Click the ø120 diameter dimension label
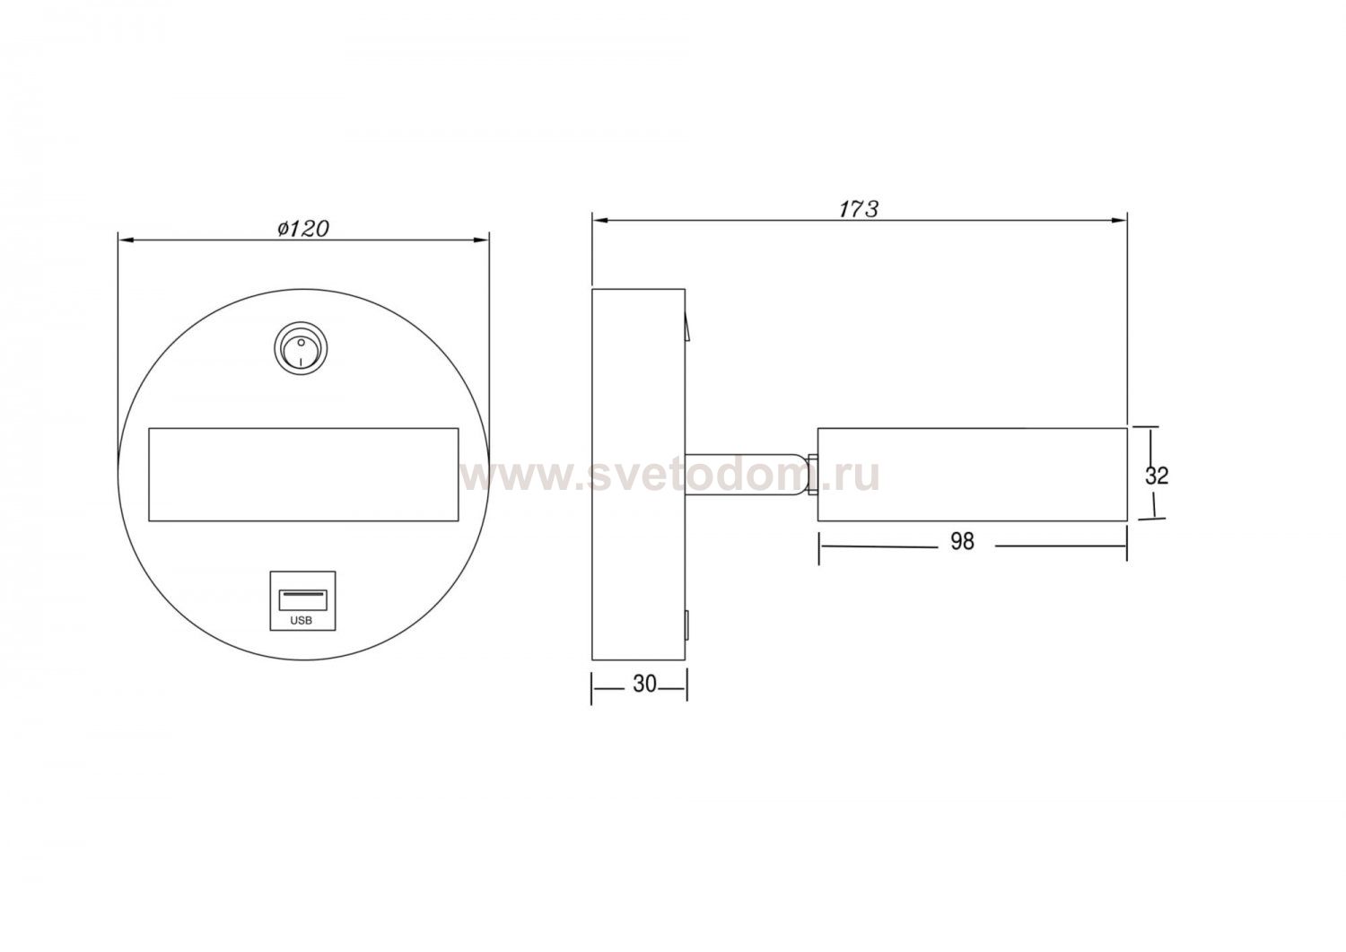coord(303,229)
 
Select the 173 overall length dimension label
coord(859,208)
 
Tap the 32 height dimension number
coord(1156,476)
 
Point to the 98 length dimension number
coord(962,542)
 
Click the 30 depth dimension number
coord(644,684)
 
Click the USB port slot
coord(302,599)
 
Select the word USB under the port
coord(301,621)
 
